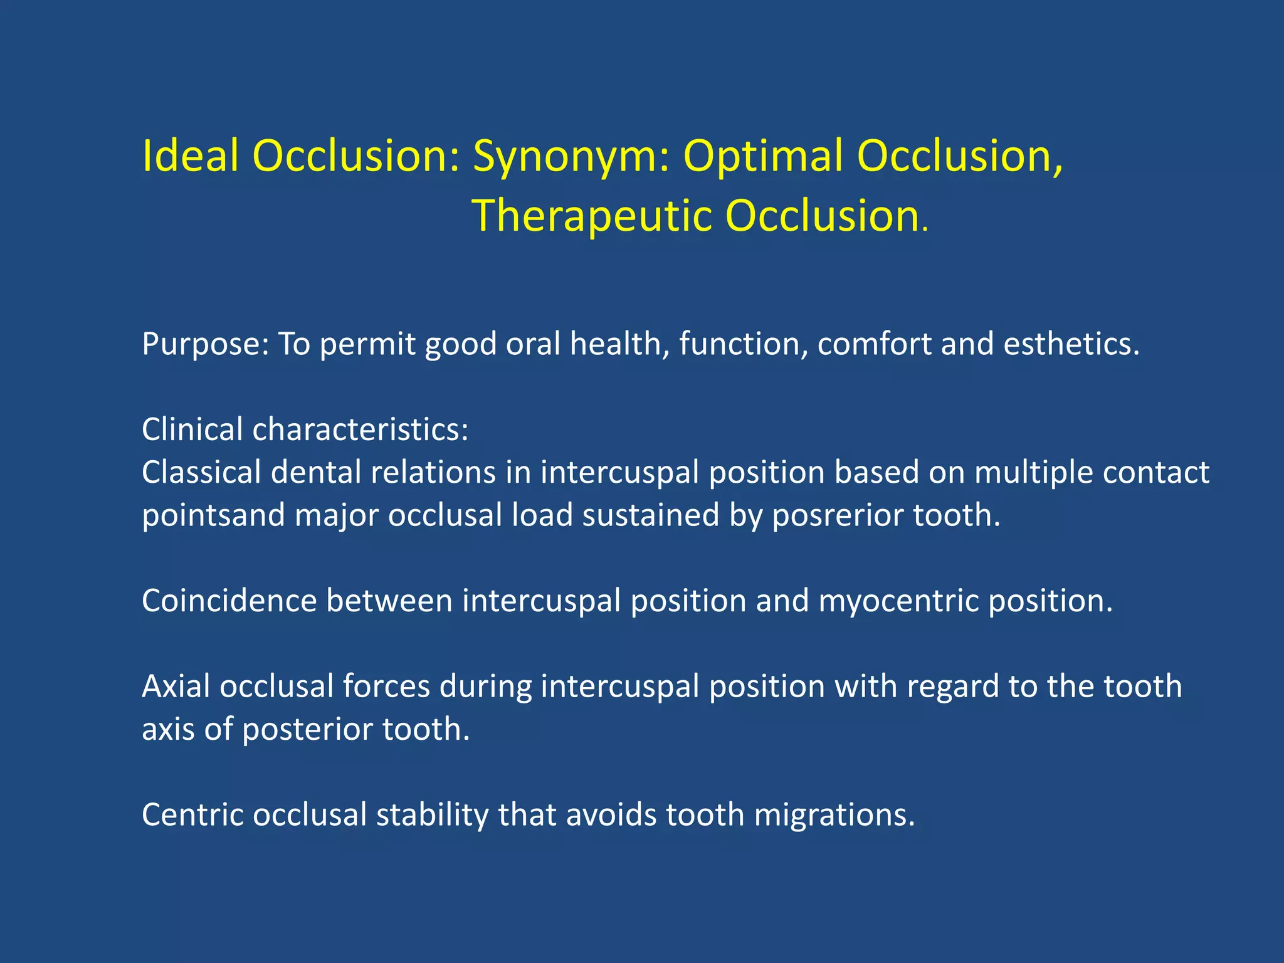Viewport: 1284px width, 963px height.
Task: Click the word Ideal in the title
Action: (191, 155)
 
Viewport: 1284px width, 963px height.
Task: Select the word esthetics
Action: (1071, 344)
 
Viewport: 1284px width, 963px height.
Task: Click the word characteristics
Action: (360, 430)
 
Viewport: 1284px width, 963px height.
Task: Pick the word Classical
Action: (201, 473)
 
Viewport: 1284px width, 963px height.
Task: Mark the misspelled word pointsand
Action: (213, 516)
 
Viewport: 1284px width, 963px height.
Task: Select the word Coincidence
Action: (229, 601)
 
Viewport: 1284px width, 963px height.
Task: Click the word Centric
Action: (192, 815)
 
